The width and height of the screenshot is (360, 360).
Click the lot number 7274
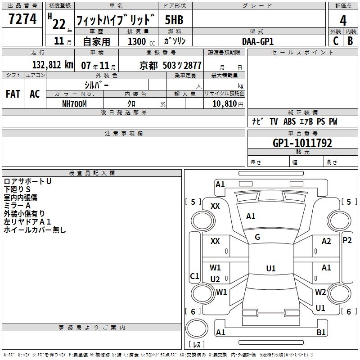pos(22,19)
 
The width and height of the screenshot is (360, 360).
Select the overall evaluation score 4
pos(343,20)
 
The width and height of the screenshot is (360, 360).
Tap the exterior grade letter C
pos(336,40)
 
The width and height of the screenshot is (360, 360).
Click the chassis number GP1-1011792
pos(302,144)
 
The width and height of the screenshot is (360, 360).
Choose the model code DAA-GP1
pos(258,41)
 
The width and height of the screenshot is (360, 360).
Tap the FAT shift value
pos(13,94)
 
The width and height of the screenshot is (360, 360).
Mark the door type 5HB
pos(174,20)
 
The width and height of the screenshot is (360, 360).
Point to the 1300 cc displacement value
pos(137,41)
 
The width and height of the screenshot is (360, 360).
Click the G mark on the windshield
pos(257,237)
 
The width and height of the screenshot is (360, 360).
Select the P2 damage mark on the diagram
pos(347,240)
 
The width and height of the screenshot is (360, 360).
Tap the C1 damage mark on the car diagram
pos(194,276)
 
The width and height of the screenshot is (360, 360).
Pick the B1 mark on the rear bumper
pos(321,333)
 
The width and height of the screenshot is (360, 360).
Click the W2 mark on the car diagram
pos(320,292)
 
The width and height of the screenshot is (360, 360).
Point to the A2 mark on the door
pos(326,241)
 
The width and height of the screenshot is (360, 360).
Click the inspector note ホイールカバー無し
pos(35,230)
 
